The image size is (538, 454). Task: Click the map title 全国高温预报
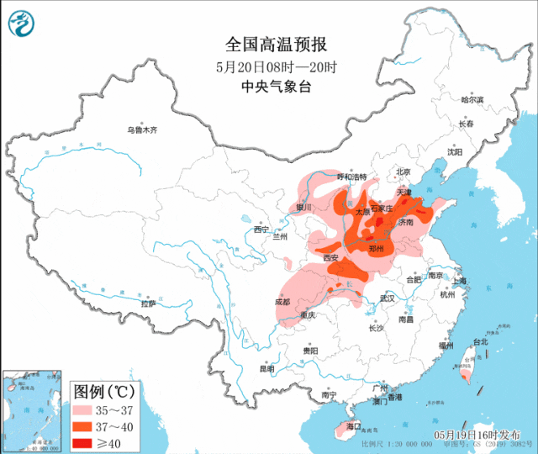(269, 45)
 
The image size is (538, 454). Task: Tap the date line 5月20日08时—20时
(269, 67)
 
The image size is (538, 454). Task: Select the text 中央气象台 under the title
(269, 87)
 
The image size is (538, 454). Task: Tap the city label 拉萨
(149, 304)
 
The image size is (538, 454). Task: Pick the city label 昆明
(266, 368)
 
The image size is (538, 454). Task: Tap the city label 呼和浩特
(352, 177)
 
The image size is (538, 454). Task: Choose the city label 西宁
(261, 229)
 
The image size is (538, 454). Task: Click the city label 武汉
(388, 298)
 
